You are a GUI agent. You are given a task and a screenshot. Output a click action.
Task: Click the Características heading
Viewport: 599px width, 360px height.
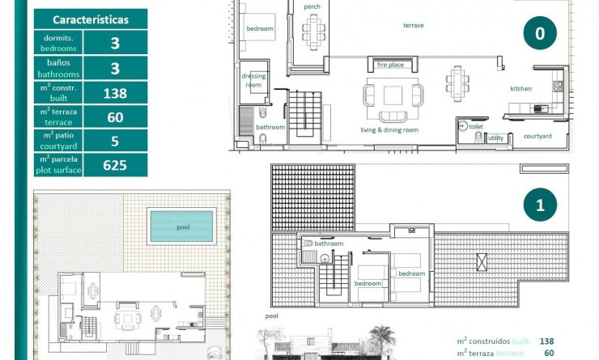(90, 19)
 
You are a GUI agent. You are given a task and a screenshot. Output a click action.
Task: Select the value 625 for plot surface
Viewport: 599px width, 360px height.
(115, 166)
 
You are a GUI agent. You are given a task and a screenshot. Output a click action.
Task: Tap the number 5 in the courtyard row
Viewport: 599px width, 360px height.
(115, 141)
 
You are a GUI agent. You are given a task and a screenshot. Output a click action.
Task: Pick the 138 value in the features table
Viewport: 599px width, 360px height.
(115, 93)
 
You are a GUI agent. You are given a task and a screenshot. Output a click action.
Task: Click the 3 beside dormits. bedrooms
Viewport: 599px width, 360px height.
(115, 44)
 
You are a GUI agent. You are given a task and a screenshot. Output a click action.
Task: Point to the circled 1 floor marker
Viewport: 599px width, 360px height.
(540, 205)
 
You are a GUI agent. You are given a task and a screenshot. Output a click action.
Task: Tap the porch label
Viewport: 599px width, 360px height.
(312, 7)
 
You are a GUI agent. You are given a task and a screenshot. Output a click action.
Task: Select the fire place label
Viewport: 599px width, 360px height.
(390, 65)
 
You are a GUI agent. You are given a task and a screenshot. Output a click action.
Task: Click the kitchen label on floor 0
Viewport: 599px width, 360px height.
(520, 88)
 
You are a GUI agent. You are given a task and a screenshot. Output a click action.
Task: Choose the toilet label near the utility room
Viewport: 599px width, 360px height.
(475, 126)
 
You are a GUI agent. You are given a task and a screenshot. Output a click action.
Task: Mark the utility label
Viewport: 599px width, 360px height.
(495, 138)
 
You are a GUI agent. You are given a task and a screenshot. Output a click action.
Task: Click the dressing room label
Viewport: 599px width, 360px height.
(253, 80)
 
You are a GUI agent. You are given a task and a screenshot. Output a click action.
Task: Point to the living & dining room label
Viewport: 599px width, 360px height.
(389, 129)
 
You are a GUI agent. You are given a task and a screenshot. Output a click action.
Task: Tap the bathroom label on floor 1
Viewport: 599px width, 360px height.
(329, 243)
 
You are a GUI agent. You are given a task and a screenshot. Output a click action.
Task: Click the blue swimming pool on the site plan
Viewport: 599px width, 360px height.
(182, 227)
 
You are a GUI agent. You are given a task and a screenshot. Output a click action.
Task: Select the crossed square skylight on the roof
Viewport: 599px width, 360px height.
(482, 262)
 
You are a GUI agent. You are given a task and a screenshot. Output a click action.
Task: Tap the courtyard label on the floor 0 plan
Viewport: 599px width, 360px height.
(537, 136)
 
